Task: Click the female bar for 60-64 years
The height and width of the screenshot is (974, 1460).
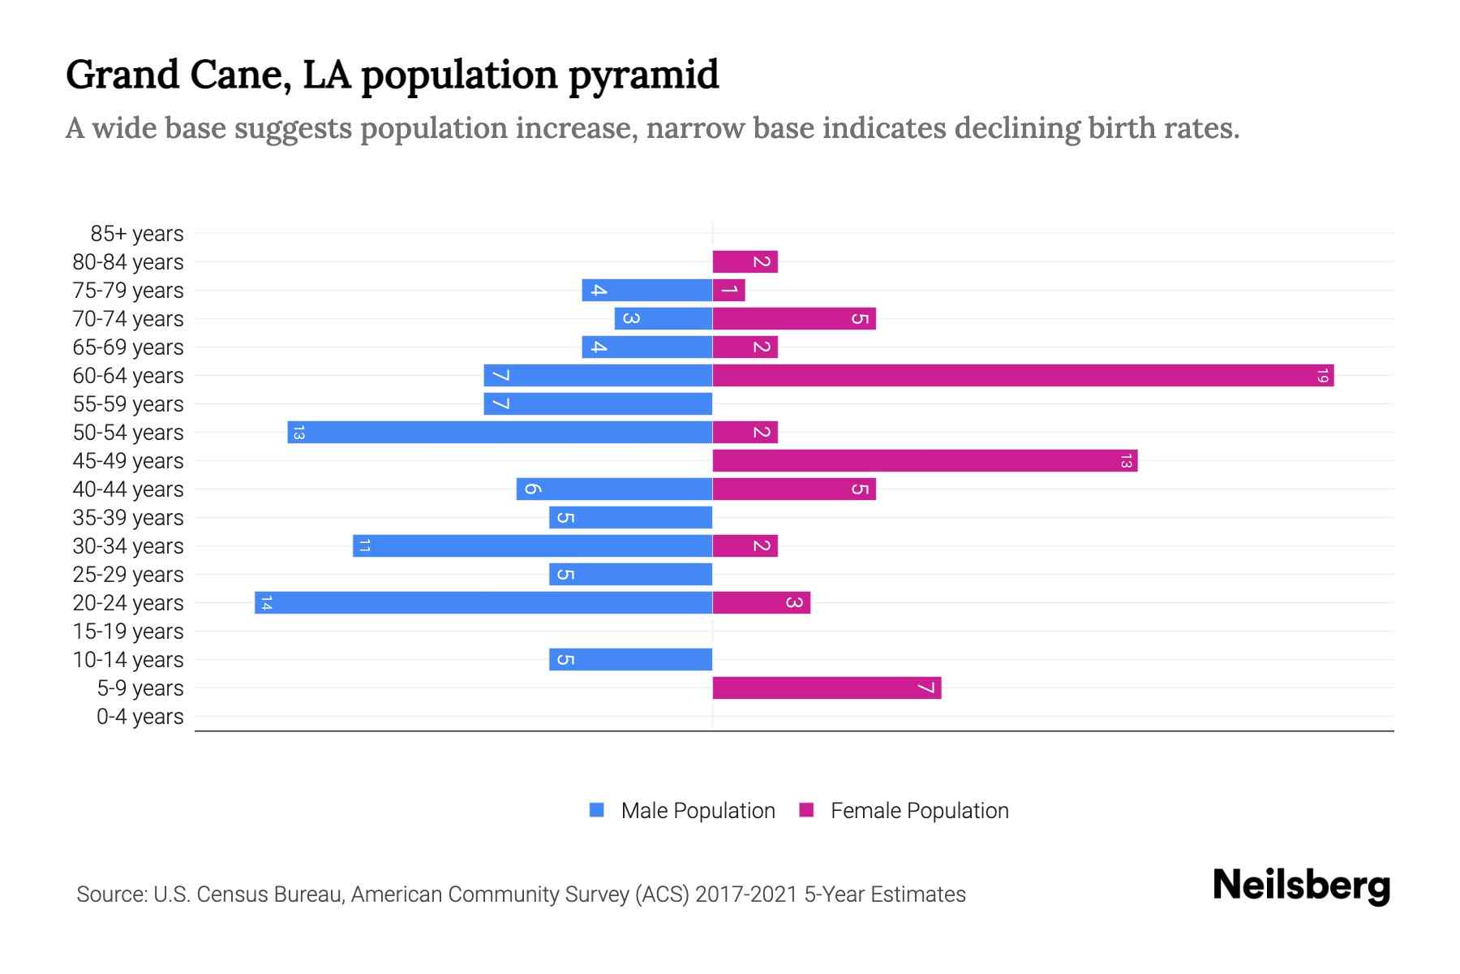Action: point(1022,376)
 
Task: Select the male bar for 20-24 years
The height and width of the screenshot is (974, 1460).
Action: point(483,603)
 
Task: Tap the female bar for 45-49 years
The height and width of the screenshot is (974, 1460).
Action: point(925,461)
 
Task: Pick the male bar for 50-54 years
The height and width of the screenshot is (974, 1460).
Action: point(500,433)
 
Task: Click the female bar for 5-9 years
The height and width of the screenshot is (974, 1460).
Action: point(827,688)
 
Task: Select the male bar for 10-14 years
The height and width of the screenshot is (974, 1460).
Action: point(630,660)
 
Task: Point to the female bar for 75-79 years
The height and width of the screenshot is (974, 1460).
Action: point(728,291)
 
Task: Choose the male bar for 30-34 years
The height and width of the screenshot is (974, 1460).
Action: point(532,546)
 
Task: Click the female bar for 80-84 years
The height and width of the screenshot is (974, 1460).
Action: point(745,262)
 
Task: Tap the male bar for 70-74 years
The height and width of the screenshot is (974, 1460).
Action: point(663,319)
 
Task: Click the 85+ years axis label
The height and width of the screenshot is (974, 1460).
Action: point(137,234)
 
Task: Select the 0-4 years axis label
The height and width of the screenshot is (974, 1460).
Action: point(140,717)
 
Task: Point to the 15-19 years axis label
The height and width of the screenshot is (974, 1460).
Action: point(128,631)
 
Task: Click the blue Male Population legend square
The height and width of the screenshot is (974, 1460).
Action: point(597,810)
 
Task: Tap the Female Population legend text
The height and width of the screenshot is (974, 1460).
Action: point(919,811)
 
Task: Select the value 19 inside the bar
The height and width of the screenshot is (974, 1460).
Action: point(1322,376)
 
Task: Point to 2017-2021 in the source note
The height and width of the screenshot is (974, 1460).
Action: point(746,894)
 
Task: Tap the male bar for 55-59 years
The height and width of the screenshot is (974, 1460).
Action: point(598,404)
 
